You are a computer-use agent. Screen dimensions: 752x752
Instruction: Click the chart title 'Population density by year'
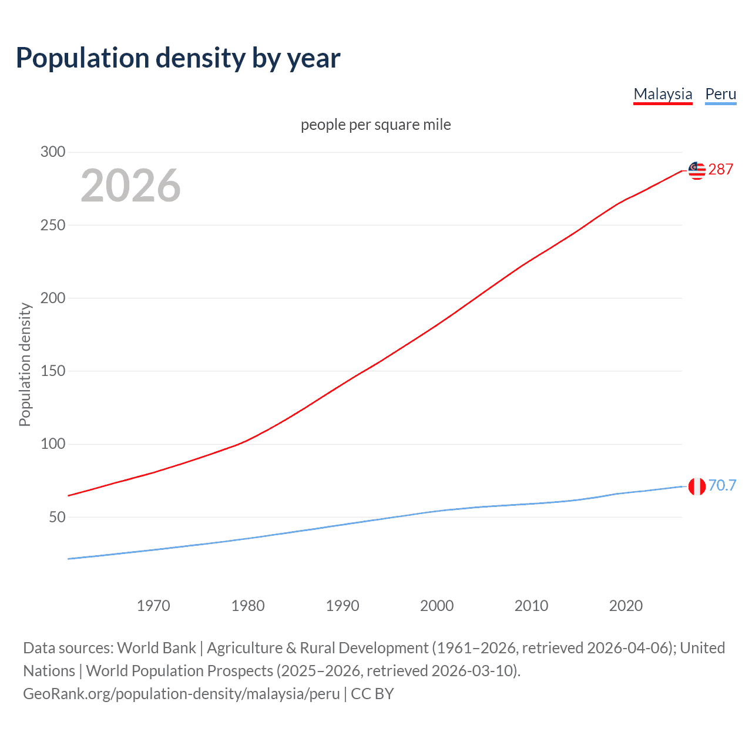pos(178,58)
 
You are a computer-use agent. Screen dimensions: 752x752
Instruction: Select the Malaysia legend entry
pos(663,94)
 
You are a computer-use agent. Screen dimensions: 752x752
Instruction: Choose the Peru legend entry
pos(720,94)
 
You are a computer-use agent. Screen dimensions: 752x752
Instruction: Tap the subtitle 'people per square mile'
pos(376,125)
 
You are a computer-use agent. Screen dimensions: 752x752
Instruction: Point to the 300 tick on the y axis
pos(52,152)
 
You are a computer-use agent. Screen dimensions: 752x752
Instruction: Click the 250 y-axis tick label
pos(52,225)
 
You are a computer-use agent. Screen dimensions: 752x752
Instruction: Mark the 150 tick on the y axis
pos(52,371)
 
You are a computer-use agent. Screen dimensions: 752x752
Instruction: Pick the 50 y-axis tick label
pos(56,517)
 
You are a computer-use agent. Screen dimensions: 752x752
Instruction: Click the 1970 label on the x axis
pos(153,606)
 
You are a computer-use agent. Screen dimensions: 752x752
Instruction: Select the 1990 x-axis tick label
pos(343,606)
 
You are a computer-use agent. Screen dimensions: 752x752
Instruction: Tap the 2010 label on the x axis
pos(531,606)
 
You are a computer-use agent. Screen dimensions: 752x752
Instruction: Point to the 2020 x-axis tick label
pos(626,606)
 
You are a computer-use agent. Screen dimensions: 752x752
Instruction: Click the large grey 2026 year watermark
pos(130,186)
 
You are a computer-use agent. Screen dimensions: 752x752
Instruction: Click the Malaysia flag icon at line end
pos(697,170)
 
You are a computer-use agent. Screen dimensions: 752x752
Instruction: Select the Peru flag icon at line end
pos(697,486)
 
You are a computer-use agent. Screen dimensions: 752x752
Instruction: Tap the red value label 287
pos(720,170)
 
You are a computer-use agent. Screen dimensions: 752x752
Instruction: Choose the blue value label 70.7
pos(722,485)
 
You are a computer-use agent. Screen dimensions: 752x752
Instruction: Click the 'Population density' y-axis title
pos(25,364)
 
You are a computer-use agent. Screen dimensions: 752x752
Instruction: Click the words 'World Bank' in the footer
pos(156,648)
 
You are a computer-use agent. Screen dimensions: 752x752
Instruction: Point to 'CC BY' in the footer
pos(372,694)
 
